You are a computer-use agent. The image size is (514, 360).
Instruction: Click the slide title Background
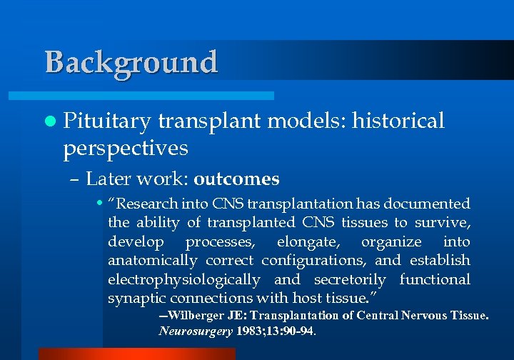pyautogui.click(x=131, y=62)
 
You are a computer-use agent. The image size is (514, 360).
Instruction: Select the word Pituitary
pyautogui.click(x=107, y=121)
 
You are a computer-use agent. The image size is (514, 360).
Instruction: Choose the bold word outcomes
pyautogui.click(x=236, y=178)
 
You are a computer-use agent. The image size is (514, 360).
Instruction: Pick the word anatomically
pyautogui.click(x=152, y=260)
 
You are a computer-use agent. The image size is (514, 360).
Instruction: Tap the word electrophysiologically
pyautogui.click(x=184, y=279)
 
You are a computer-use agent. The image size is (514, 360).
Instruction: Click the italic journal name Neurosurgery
pyautogui.click(x=195, y=331)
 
